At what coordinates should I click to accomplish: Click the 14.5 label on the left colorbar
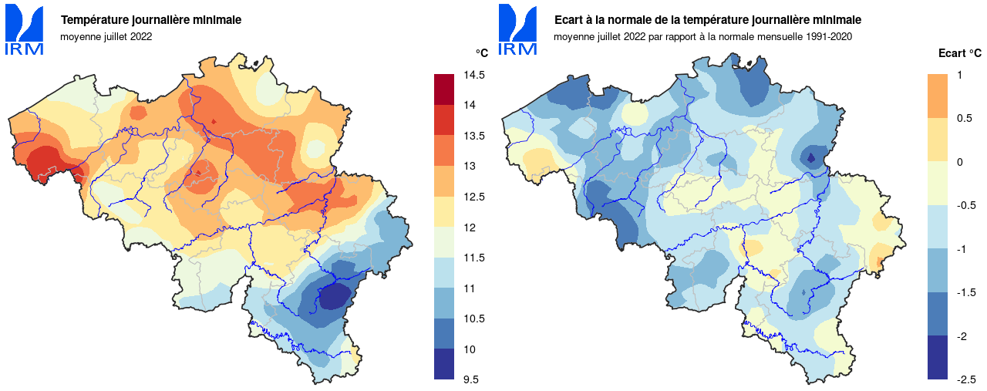(x=475, y=75)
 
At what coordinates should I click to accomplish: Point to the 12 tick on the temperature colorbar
(x=469, y=228)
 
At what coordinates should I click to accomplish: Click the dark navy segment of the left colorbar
(x=444, y=364)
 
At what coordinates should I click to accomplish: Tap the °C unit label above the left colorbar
(x=481, y=53)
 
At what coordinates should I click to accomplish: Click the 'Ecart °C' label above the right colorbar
(x=959, y=53)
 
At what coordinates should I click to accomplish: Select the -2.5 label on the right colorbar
(x=967, y=379)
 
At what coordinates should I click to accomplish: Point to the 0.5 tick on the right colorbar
(x=965, y=118)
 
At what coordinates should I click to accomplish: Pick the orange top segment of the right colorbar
(x=938, y=96)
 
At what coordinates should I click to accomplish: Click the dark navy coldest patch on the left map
(x=334, y=295)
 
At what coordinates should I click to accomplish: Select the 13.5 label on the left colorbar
(x=475, y=136)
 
